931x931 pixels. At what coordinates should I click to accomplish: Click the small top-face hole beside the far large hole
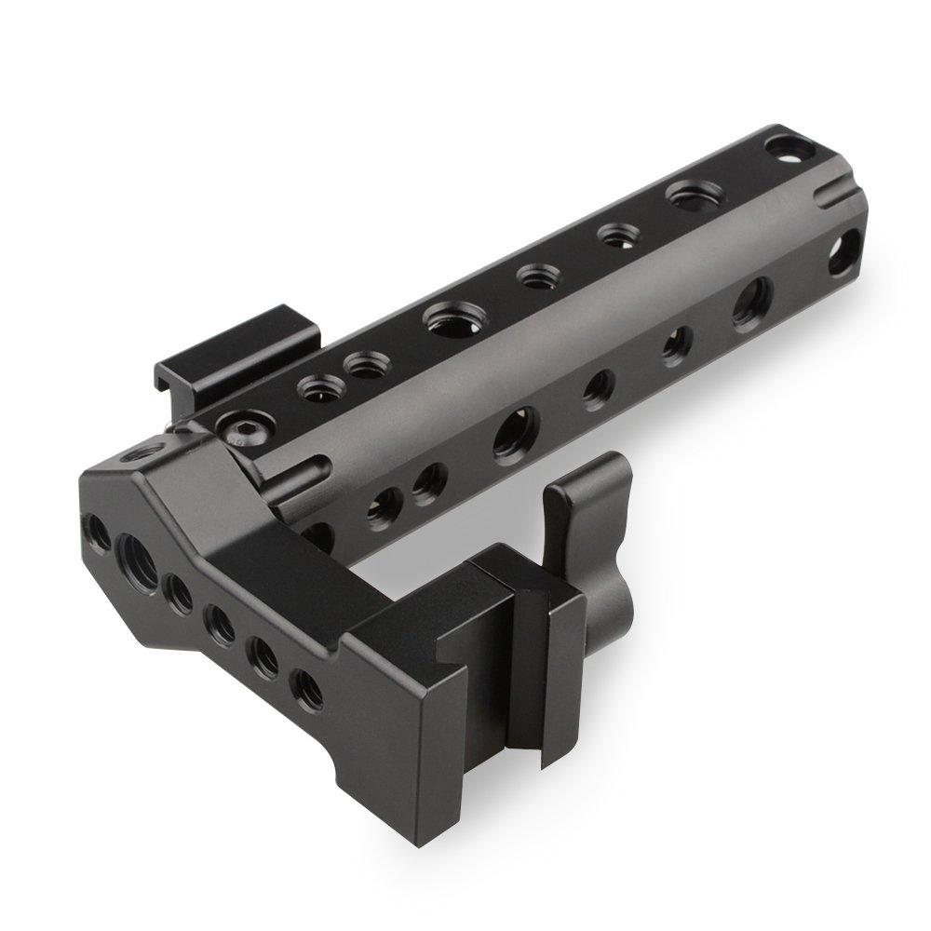point(614,236)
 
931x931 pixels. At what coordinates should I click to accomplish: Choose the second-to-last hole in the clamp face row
point(263,654)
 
